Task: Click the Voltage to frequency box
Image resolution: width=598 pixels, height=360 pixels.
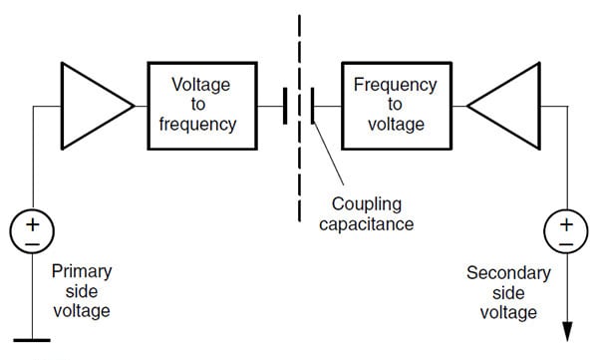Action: pyautogui.click(x=203, y=106)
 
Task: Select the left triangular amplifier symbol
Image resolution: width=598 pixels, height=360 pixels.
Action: pyautogui.click(x=92, y=105)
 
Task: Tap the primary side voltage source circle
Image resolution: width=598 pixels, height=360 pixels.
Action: pyautogui.click(x=32, y=232)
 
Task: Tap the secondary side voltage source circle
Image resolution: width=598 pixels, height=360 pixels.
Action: pyautogui.click(x=565, y=232)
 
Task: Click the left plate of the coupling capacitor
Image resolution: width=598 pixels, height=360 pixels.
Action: pyautogui.click(x=285, y=106)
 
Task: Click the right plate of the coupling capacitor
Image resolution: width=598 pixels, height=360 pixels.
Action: pyautogui.click(x=311, y=106)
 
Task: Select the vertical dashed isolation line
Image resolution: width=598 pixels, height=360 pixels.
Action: pyautogui.click(x=298, y=150)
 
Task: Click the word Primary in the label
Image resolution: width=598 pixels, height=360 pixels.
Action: pyautogui.click(x=81, y=271)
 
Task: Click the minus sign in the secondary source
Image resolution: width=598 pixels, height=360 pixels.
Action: pyautogui.click(x=565, y=242)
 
